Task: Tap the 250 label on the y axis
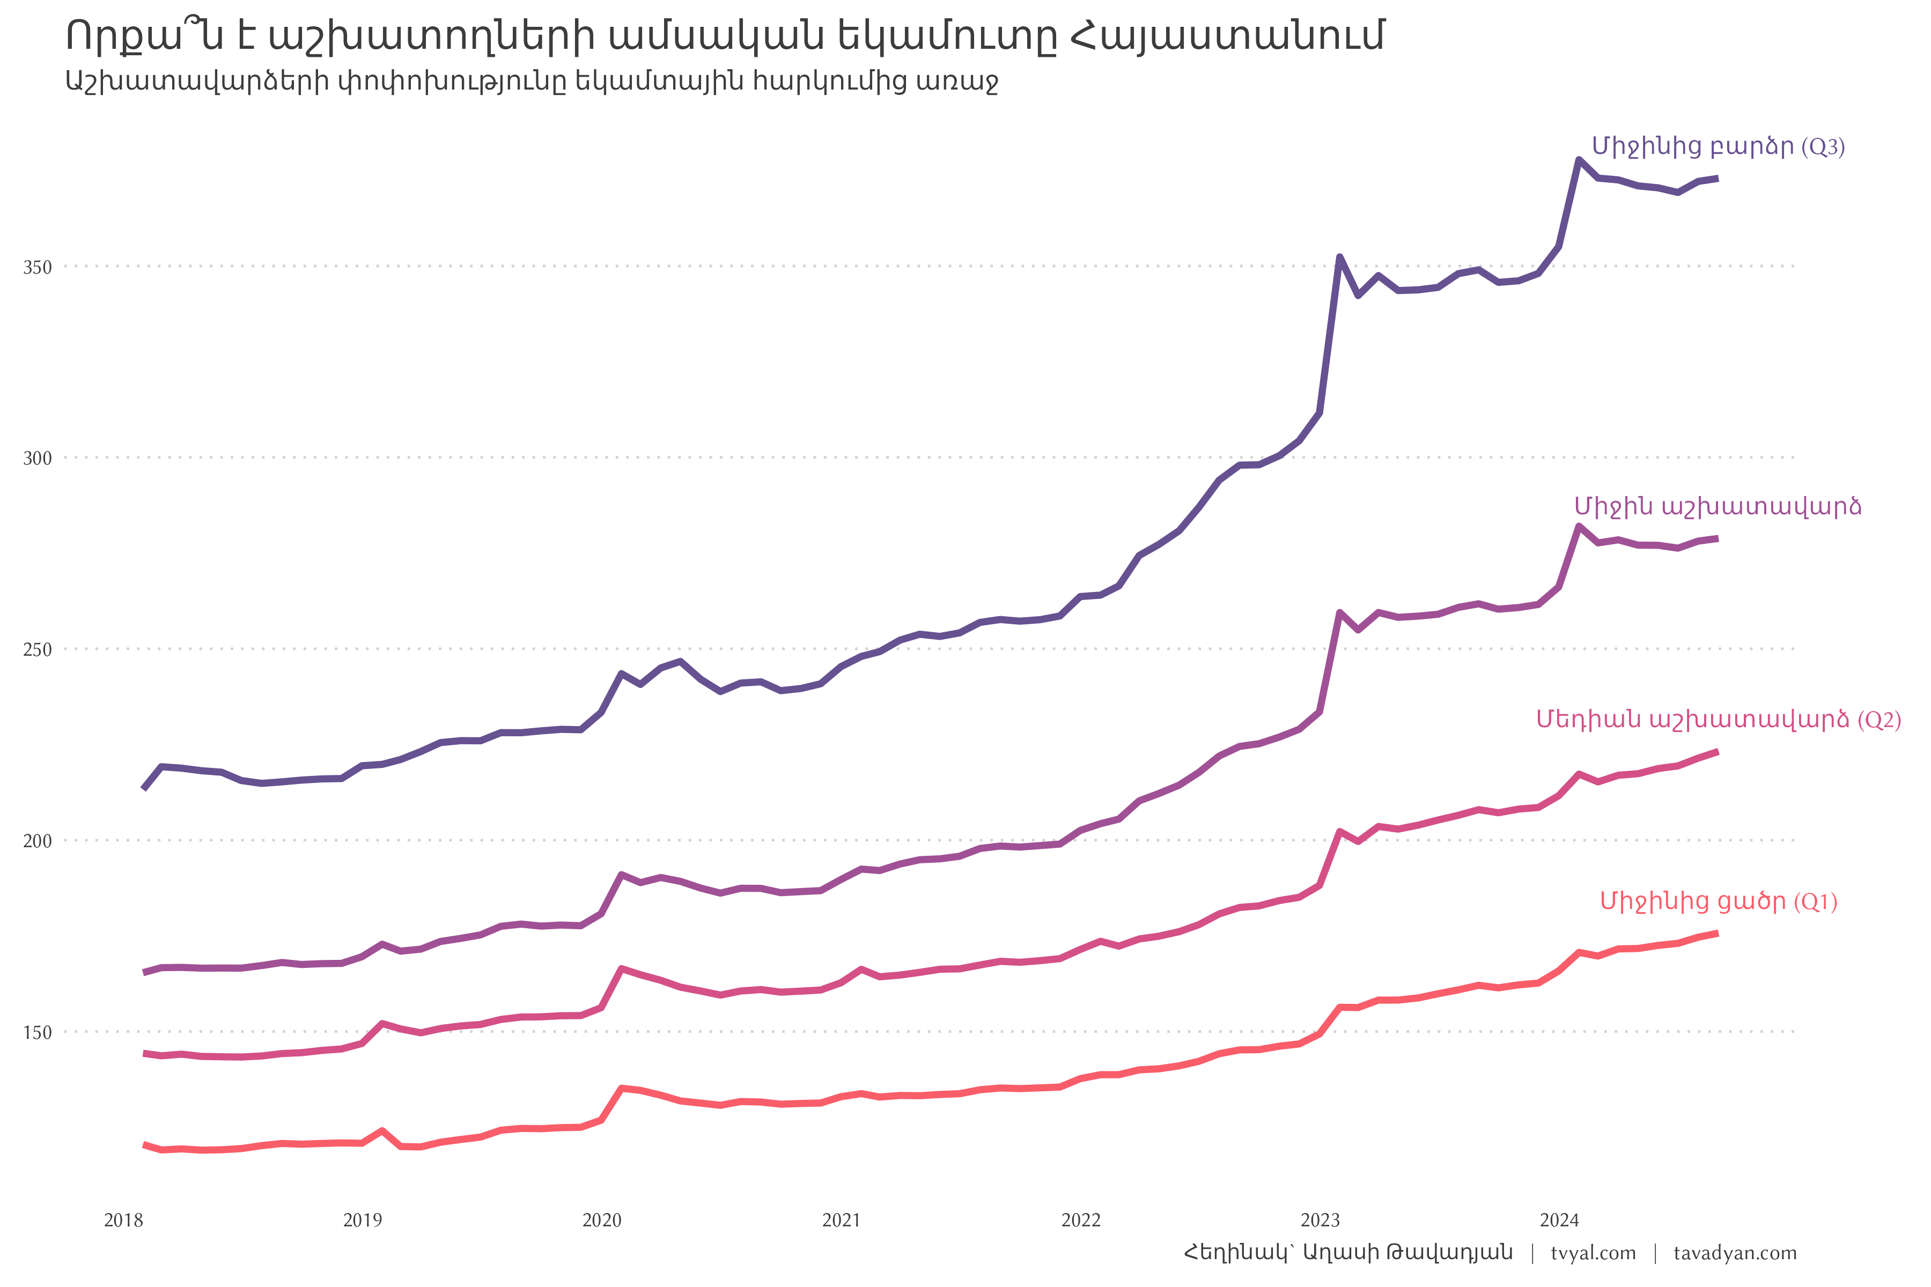click(37, 650)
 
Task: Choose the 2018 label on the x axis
click(123, 1221)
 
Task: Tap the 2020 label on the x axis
click(602, 1221)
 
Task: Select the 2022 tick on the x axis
click(1080, 1221)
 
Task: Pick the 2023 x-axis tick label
click(1320, 1221)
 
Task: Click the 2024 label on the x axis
click(1559, 1221)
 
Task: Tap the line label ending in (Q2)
click(1719, 720)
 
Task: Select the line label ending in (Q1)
click(1719, 902)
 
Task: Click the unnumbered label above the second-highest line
click(1718, 506)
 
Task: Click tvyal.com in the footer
click(1593, 1253)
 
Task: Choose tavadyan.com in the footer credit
click(1735, 1253)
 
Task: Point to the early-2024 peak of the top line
click(1579, 159)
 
